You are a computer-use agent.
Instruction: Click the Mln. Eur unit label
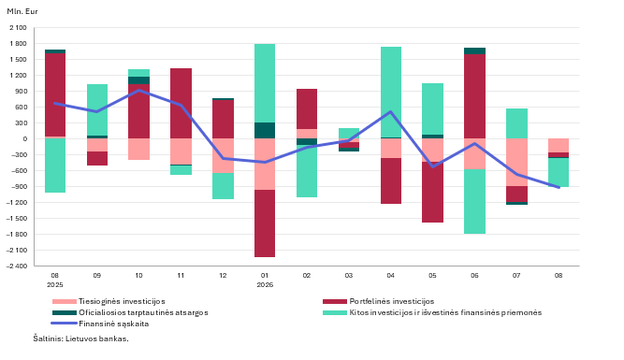[22, 11]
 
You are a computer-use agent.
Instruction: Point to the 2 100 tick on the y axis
[19, 27]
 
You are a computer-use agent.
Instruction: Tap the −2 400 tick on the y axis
[16, 266]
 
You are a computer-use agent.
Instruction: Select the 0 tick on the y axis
[25, 138]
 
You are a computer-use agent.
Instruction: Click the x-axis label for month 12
[223, 275]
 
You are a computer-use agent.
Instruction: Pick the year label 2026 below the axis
[265, 285]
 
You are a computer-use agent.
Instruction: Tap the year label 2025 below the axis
[55, 285]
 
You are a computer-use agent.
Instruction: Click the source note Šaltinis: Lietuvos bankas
[80, 338]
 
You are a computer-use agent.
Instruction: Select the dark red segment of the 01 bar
[265, 223]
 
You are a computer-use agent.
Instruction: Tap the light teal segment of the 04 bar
[391, 92]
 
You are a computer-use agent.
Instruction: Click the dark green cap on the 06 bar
[474, 50]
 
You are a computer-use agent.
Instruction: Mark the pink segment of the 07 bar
[517, 163]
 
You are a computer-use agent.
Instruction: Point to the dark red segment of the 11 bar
[181, 104]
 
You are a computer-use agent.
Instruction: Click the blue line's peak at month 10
[138, 90]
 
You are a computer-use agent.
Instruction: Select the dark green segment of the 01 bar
[265, 131]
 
